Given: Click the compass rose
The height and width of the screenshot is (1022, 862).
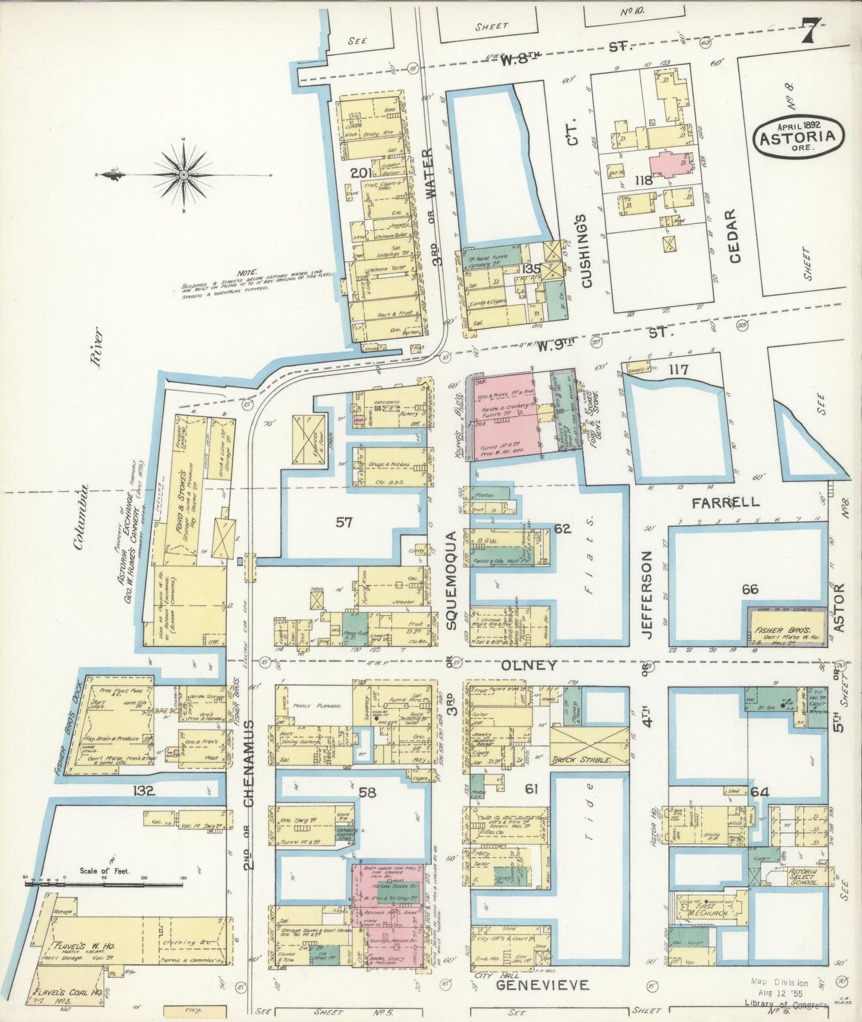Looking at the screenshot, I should click(184, 174).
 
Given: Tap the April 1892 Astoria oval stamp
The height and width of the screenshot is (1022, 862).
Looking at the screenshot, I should click(798, 137).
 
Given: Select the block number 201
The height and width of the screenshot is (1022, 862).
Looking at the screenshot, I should click(362, 174).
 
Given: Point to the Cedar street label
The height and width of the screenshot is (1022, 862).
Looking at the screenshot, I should click(734, 236).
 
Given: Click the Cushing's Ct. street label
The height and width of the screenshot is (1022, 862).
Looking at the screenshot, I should click(586, 250).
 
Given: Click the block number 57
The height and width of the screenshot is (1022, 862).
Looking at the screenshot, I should click(344, 522).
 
